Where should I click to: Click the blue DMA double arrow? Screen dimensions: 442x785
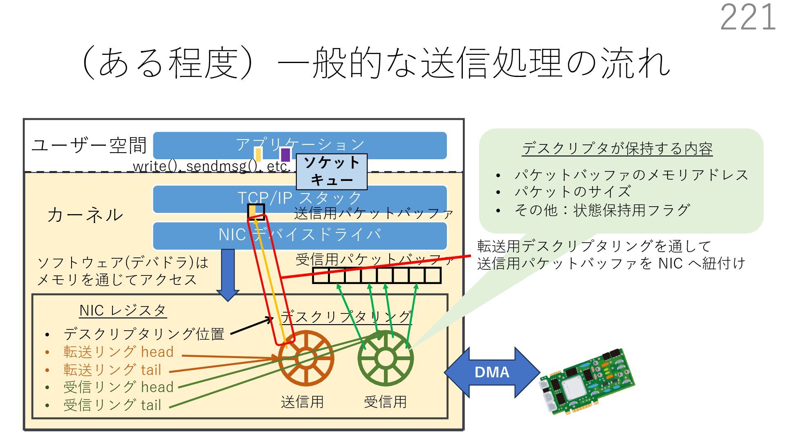tap(492, 372)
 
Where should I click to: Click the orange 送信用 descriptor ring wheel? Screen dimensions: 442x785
tap(306, 359)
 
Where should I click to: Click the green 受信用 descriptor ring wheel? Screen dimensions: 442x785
tap(385, 359)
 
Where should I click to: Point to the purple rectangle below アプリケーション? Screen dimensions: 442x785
tap(285, 155)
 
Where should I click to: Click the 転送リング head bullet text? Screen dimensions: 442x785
tap(119, 352)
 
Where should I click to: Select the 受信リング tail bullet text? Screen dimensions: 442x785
tap(112, 405)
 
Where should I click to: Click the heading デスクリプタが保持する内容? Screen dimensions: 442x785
tap(617, 149)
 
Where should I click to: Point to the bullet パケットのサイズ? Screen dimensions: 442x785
tap(572, 192)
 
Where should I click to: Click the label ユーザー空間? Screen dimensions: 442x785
tap(89, 146)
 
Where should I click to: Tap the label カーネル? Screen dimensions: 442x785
tap(85, 215)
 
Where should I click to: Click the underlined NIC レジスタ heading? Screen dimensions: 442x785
tap(123, 311)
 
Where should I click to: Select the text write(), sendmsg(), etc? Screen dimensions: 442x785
tap(211, 167)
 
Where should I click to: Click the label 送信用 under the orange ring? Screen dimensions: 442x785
tap(302, 402)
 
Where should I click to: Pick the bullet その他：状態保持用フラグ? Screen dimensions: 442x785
tap(602, 210)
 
